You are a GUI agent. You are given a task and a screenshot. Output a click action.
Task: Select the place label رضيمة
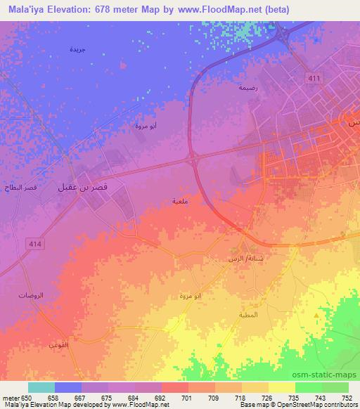tap(247, 88)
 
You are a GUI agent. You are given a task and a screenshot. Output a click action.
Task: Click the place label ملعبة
tap(179, 201)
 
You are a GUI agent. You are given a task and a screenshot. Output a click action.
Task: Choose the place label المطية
tap(250, 314)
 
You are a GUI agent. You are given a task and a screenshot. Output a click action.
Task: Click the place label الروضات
tap(31, 296)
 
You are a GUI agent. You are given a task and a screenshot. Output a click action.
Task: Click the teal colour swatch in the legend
tap(41, 387)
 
